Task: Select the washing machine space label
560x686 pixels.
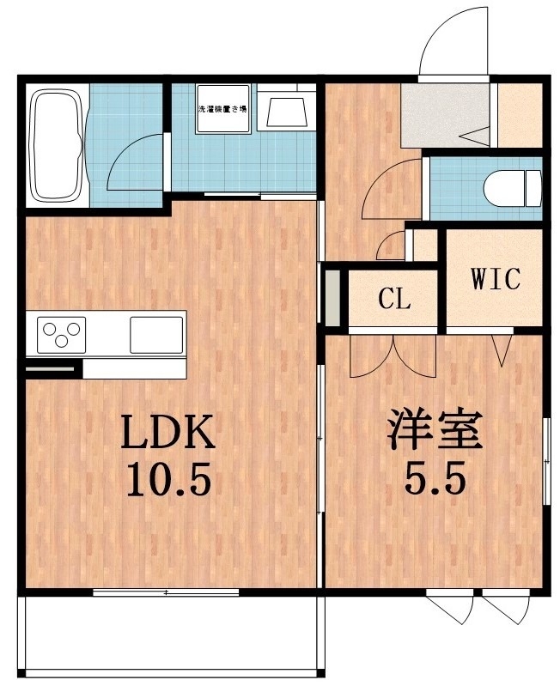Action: tap(223, 110)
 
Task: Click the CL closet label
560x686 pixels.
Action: tap(395, 301)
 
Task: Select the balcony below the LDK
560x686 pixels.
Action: tap(172, 635)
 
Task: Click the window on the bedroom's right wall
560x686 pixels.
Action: tap(547, 459)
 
